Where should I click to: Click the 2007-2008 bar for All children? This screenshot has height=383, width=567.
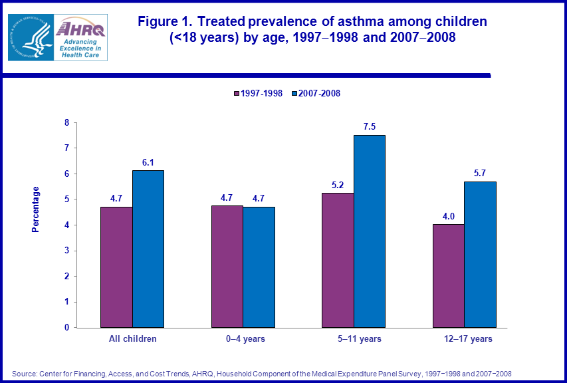(x=148, y=249)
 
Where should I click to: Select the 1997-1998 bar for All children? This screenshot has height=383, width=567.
(x=116, y=267)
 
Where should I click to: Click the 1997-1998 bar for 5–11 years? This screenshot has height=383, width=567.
(x=338, y=260)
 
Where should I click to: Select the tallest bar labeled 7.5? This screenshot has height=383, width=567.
(x=369, y=231)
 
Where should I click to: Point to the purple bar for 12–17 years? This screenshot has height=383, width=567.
(x=448, y=275)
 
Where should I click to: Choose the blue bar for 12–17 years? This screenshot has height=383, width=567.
(x=480, y=254)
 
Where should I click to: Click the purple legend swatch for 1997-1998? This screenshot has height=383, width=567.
(x=236, y=94)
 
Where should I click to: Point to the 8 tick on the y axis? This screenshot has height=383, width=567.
(x=66, y=123)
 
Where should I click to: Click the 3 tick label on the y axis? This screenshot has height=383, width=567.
(x=66, y=251)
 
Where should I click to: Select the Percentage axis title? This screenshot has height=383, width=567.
(x=36, y=209)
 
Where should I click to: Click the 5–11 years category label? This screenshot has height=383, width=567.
(x=359, y=339)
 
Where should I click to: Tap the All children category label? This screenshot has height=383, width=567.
(x=133, y=339)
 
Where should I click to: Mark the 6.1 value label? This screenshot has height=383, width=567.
(x=148, y=161)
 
